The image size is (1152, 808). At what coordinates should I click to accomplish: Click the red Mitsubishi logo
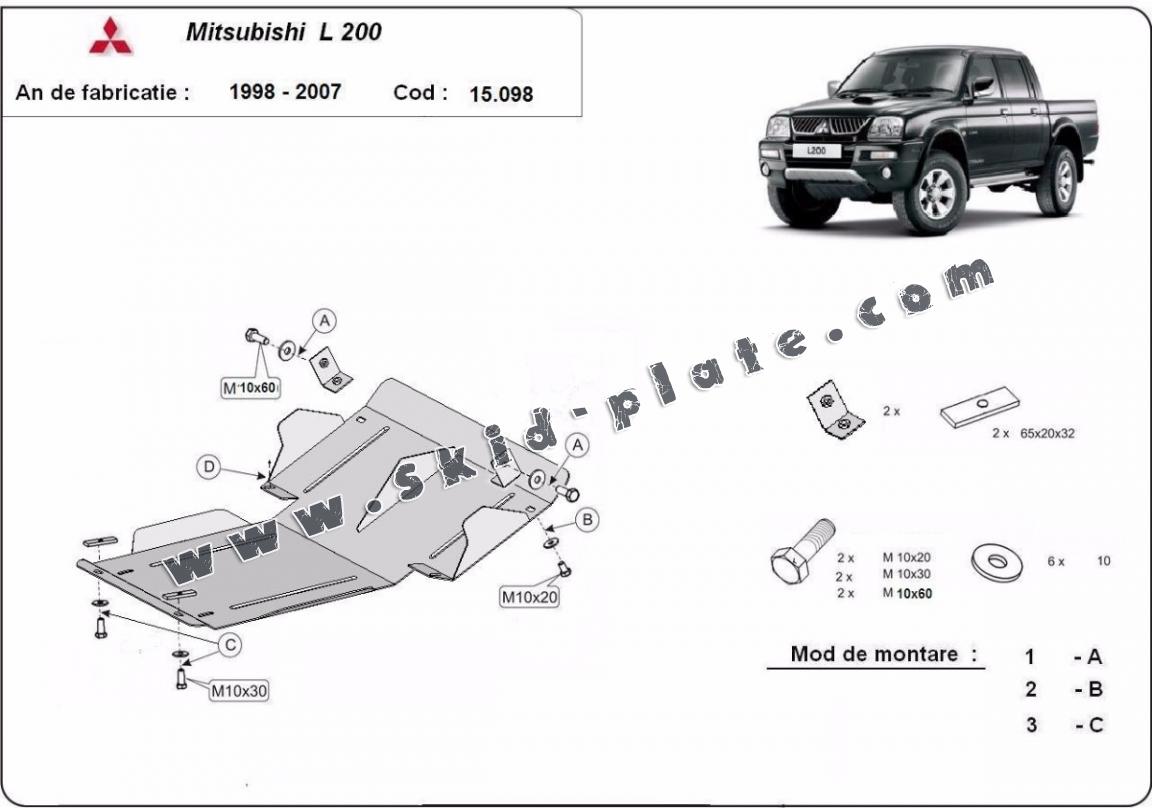click(111, 36)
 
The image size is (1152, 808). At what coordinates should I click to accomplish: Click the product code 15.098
click(501, 94)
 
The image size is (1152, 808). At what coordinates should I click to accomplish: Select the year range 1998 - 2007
click(285, 92)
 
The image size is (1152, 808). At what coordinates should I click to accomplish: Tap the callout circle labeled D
click(209, 466)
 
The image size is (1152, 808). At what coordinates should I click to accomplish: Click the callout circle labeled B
click(587, 520)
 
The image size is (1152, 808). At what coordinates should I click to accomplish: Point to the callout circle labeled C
click(231, 645)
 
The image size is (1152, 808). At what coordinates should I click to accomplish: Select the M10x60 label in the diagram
click(251, 388)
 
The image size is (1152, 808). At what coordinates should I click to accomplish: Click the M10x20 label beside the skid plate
click(529, 597)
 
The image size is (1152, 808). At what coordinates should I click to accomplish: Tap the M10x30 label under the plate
click(240, 690)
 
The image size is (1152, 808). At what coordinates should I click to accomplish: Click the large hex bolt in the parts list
click(802, 551)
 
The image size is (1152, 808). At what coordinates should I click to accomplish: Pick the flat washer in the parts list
click(996, 562)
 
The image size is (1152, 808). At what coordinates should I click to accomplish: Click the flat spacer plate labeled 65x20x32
click(979, 408)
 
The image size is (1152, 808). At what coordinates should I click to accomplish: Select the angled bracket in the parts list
click(835, 411)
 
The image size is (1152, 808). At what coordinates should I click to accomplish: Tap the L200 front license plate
click(816, 151)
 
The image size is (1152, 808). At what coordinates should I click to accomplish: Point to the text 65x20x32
click(1047, 433)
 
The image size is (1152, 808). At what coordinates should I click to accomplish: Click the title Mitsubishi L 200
click(284, 32)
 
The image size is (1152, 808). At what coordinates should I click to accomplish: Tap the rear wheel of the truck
click(1058, 180)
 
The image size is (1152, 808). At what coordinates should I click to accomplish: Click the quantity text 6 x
click(1056, 561)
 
